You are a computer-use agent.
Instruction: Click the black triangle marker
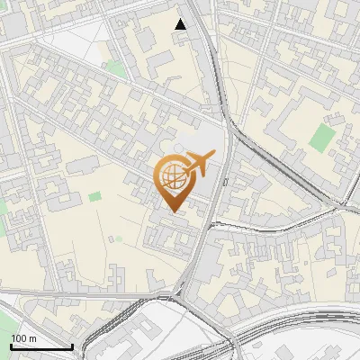click(x=181, y=24)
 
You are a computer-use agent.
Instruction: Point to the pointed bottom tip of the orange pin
click(x=173, y=212)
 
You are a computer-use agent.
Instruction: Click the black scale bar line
click(x=41, y=346)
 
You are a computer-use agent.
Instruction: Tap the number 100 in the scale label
click(x=19, y=338)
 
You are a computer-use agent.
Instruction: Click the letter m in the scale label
click(x=32, y=338)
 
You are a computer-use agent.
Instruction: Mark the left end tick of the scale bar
click(x=11, y=346)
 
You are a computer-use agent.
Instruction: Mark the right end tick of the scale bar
click(x=72, y=346)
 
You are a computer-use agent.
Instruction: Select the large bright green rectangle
click(x=321, y=136)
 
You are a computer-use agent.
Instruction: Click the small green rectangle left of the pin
click(x=94, y=195)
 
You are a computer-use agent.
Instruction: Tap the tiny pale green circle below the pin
click(x=117, y=238)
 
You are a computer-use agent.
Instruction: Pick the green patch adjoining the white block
click(x=114, y=67)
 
